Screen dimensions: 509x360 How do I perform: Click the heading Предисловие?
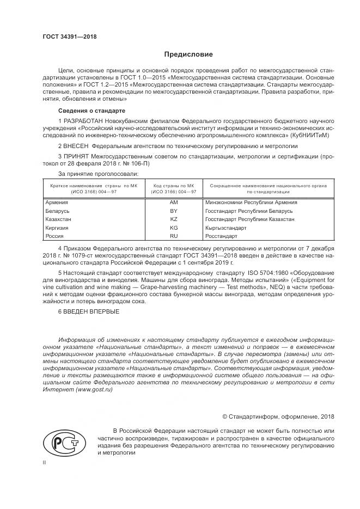point(189,55)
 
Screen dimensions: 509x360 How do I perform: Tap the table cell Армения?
point(57,202)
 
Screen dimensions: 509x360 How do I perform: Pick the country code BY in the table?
point(174,211)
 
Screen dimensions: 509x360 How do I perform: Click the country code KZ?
point(174,219)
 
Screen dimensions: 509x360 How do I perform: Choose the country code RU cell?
point(174,236)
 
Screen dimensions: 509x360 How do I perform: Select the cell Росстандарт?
point(221,236)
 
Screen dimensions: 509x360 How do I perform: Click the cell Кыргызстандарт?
point(225,228)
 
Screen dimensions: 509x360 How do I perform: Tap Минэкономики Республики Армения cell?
point(251,202)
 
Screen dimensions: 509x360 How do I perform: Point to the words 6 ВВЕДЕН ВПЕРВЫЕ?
point(84,312)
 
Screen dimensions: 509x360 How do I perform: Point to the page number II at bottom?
point(45,462)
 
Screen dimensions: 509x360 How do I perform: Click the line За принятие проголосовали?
point(98,174)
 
